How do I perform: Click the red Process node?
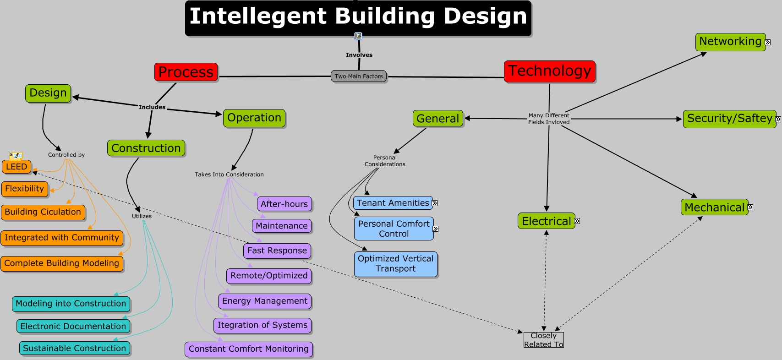click(186, 72)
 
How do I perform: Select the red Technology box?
click(550, 71)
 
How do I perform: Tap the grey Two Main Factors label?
click(359, 76)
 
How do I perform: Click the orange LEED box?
click(16, 167)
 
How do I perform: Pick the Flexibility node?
click(25, 189)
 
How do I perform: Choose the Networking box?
click(730, 42)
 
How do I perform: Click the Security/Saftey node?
click(729, 119)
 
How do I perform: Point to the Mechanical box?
click(714, 207)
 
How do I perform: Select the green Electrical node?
click(546, 221)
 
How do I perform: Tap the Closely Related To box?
click(544, 340)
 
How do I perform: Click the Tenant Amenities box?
click(393, 203)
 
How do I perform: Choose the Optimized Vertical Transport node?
click(396, 264)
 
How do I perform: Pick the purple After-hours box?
click(284, 204)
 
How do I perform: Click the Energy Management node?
click(265, 301)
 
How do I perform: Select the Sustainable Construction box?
click(75, 348)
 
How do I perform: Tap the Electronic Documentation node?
click(73, 326)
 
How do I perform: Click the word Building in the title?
click(385, 16)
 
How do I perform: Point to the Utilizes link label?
click(142, 216)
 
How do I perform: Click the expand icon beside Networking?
click(768, 43)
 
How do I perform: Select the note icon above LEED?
click(16, 156)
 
